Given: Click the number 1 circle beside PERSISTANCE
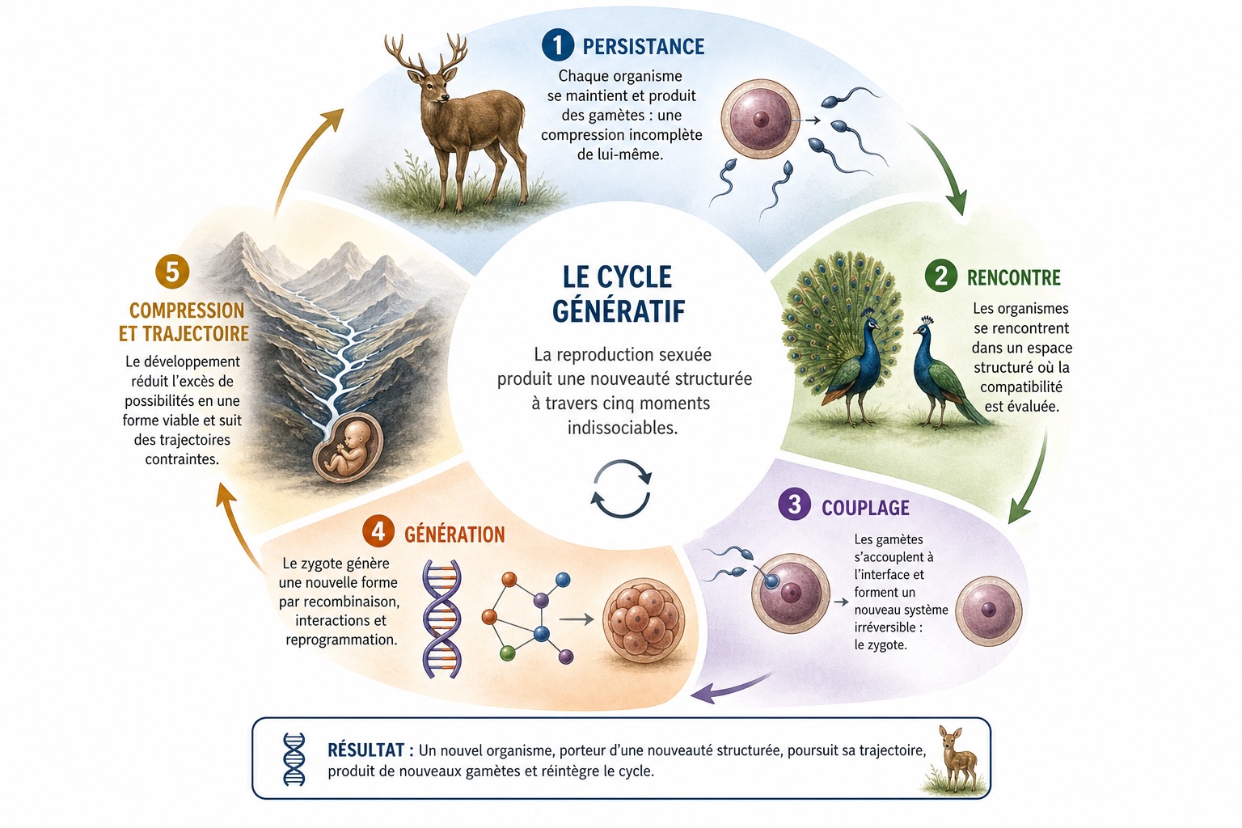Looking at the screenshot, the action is (558, 45).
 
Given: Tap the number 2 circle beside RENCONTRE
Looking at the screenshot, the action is (941, 276).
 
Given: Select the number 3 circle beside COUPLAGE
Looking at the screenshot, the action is (795, 504).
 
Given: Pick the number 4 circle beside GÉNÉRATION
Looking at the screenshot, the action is (378, 531).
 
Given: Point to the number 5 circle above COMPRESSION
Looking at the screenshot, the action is (172, 272).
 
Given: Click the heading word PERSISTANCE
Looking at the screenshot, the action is (643, 47).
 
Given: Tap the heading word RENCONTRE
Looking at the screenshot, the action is (1013, 277).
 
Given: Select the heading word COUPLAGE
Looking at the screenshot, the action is (865, 508).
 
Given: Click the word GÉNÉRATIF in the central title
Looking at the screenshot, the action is (619, 310).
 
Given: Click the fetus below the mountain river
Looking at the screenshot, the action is (347, 448).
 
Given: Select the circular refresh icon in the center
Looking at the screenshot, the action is (621, 488).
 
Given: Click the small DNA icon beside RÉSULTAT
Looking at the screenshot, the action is (294, 758).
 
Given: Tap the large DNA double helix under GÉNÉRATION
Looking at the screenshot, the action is (442, 619).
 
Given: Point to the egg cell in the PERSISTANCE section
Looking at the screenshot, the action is (760, 118).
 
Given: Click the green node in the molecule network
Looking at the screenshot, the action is (507, 653).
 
